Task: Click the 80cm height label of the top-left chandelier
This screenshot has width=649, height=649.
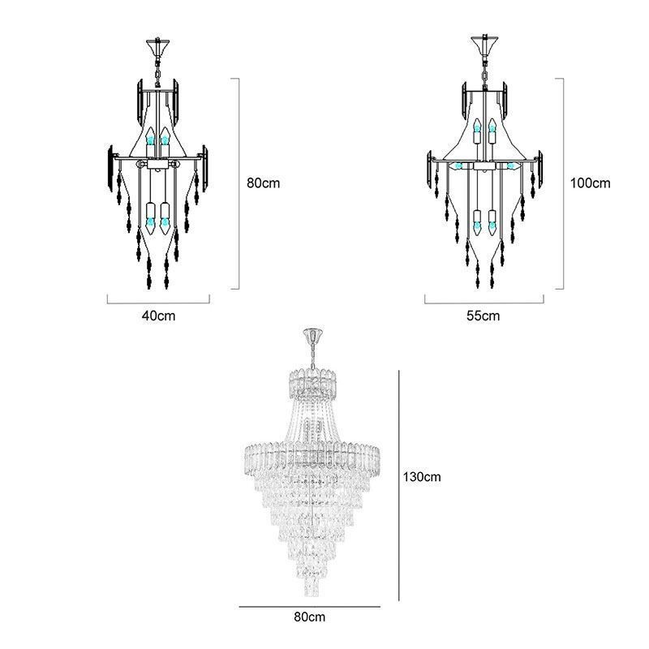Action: point(264,183)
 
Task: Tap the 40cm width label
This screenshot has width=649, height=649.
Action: point(158,316)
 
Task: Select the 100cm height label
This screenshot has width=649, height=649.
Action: point(590,183)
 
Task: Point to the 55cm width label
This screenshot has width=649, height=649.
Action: point(484,316)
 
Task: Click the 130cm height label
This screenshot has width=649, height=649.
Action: point(422,477)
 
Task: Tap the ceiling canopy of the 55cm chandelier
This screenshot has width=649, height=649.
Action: point(484,41)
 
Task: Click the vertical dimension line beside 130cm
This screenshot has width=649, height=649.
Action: point(398,487)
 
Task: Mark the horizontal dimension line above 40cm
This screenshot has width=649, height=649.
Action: point(159,302)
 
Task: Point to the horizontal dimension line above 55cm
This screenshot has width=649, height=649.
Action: point(484,302)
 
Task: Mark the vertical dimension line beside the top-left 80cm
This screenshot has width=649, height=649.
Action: point(239,183)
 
